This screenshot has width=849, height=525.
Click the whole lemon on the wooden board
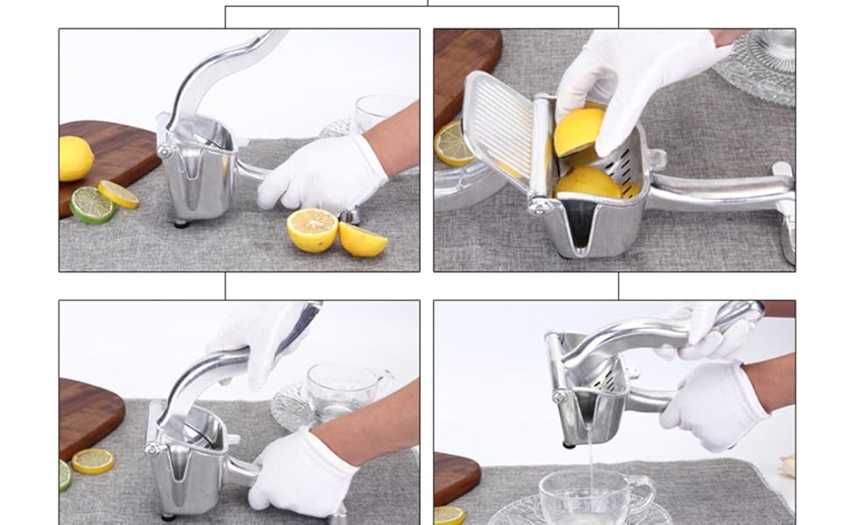[76, 158]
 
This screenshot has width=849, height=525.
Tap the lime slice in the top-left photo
[92, 206]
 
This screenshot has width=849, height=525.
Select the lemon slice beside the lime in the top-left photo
[118, 194]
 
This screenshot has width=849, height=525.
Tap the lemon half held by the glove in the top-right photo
[579, 131]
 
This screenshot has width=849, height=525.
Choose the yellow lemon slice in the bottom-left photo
[93, 460]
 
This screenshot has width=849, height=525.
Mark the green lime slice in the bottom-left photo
[65, 475]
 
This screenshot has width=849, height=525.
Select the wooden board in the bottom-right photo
[454, 478]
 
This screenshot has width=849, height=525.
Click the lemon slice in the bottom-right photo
[449, 515]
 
